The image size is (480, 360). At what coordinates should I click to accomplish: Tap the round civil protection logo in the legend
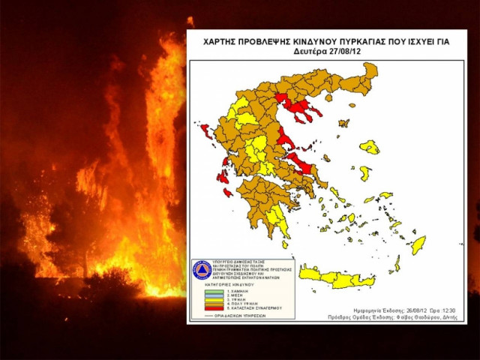[202, 270]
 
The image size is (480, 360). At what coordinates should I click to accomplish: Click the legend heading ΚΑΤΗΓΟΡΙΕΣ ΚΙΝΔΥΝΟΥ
[225, 284]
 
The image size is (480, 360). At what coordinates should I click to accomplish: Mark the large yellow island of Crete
[337, 279]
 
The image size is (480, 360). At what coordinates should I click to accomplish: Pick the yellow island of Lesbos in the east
[368, 146]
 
